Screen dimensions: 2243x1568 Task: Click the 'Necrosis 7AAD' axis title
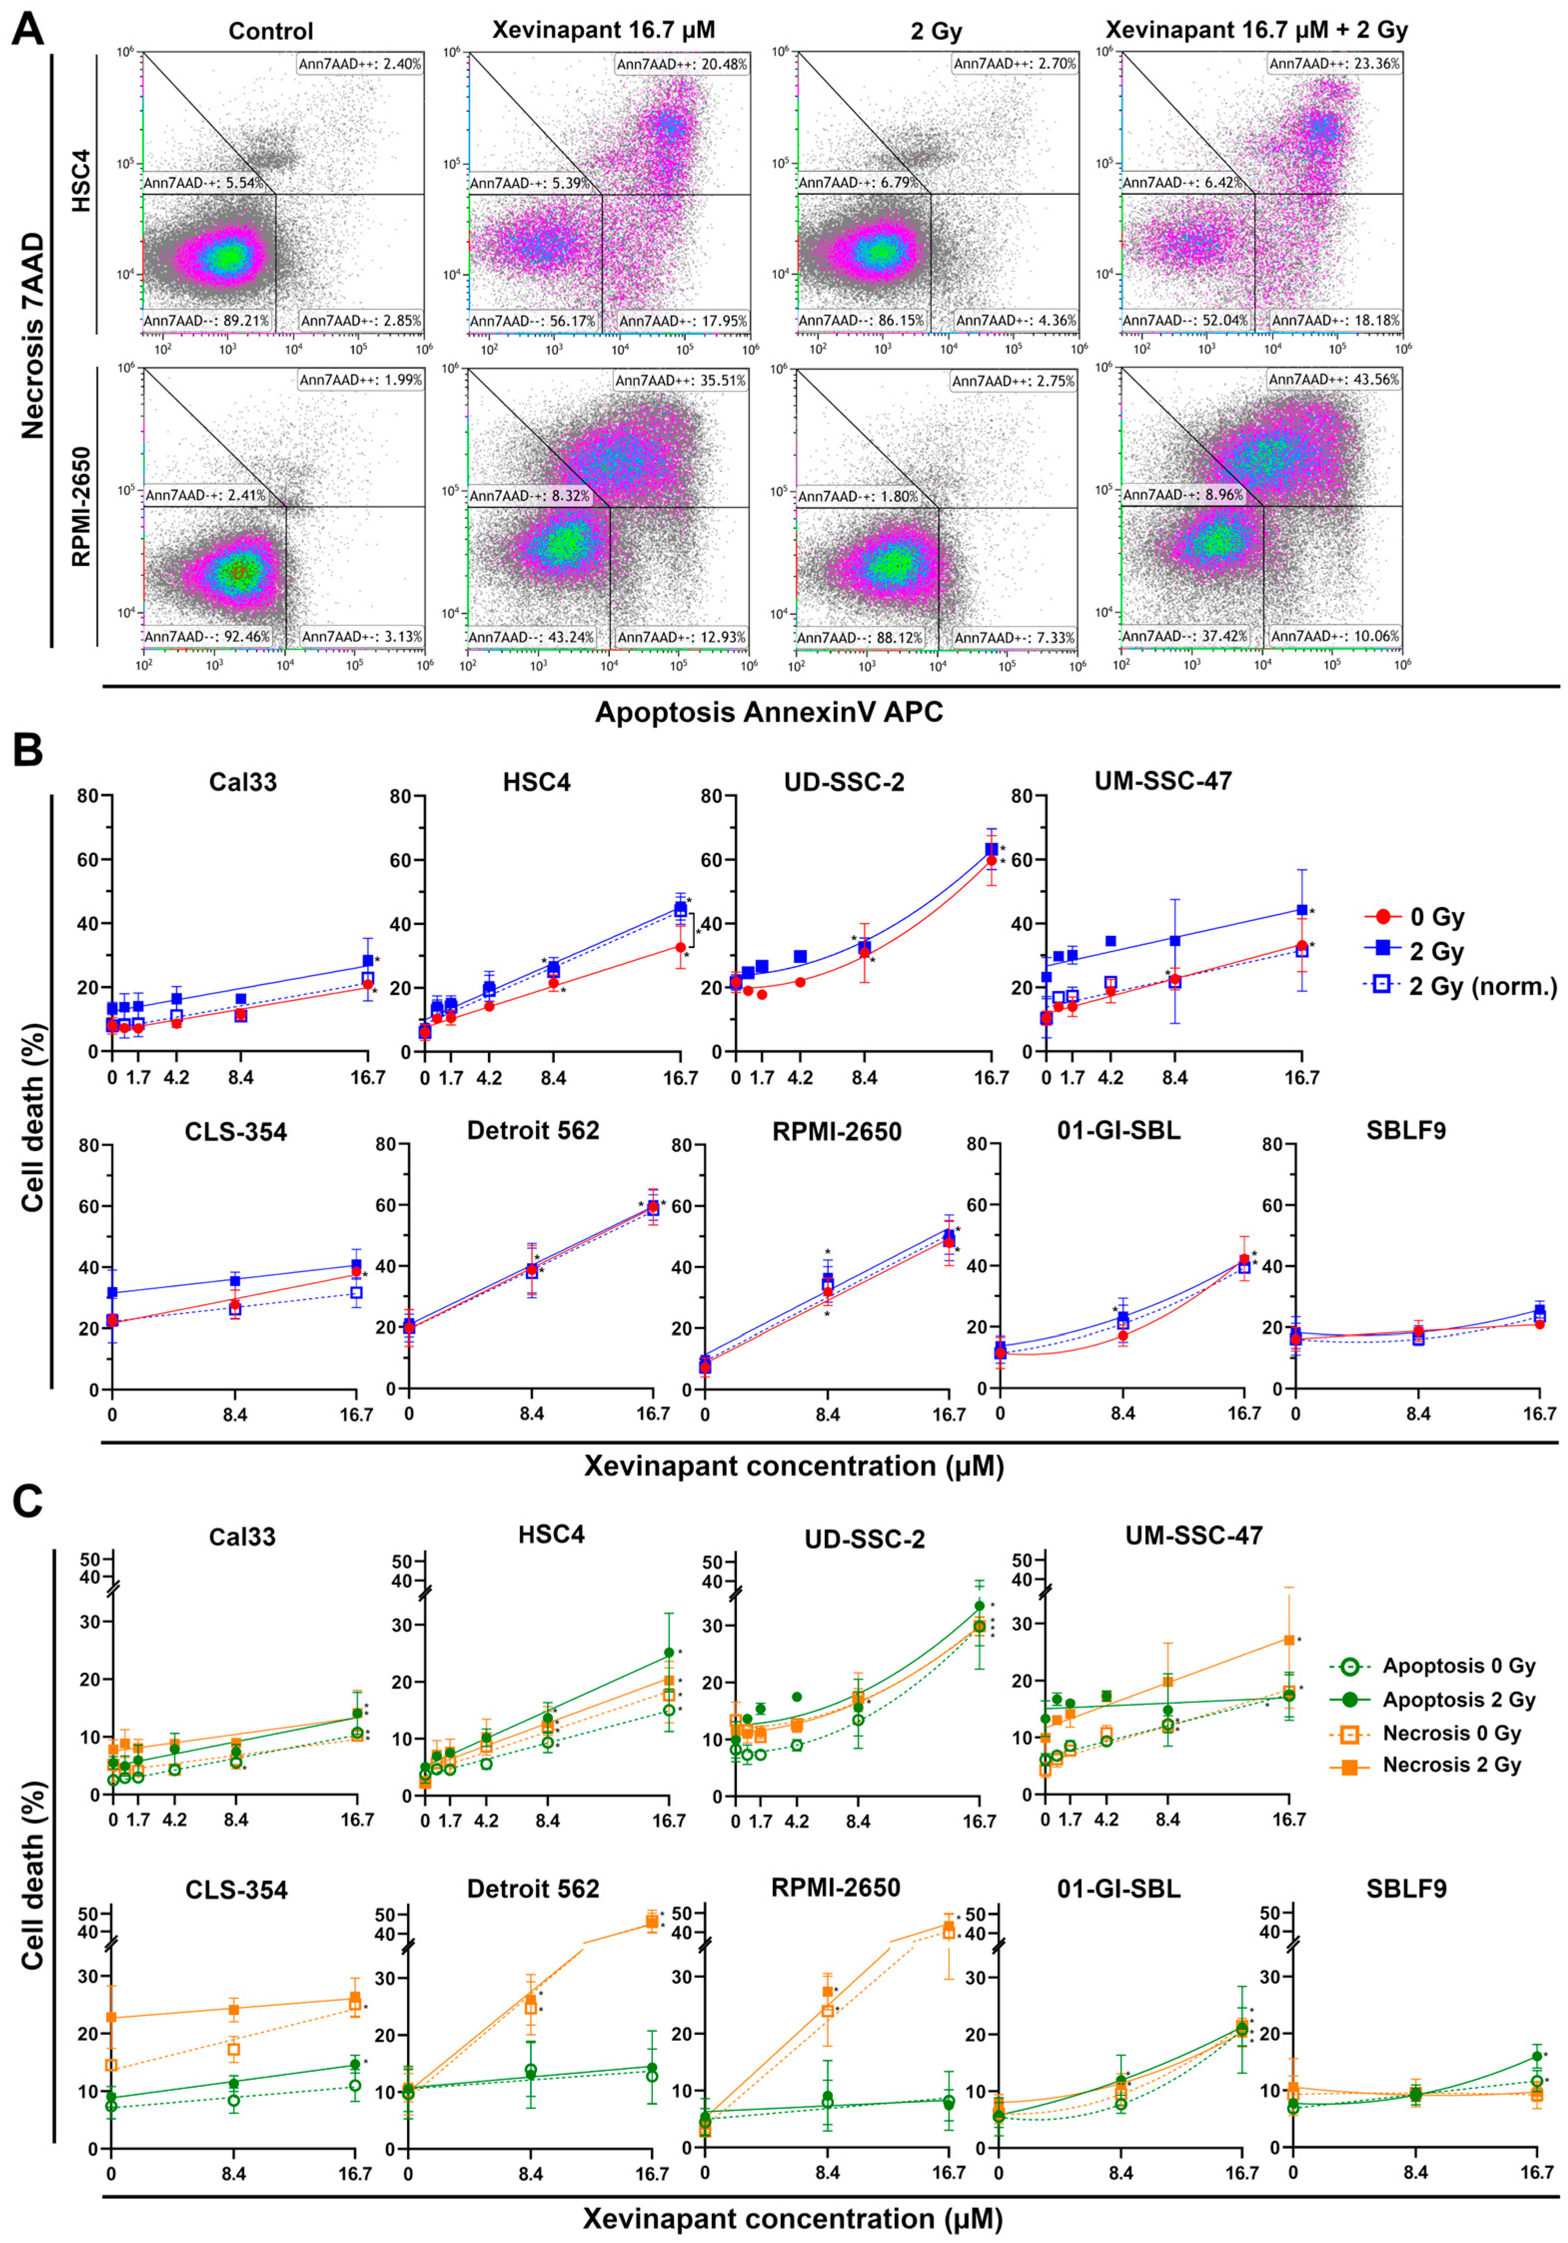click(x=34, y=335)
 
